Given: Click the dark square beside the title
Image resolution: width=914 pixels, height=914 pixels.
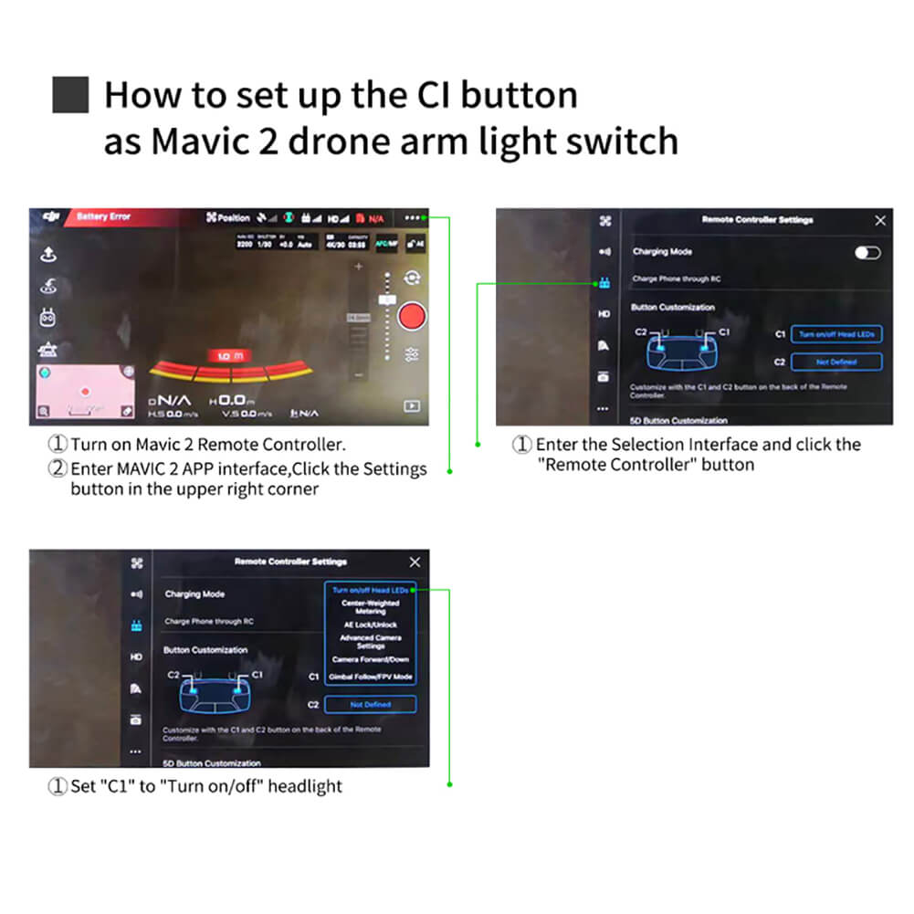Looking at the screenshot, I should click(69, 96).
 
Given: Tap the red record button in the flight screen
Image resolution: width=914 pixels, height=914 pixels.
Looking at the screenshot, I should click(413, 316).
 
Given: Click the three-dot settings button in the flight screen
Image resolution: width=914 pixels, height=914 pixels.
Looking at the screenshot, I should click(414, 218).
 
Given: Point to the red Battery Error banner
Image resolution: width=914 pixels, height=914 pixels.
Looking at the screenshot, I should click(102, 217).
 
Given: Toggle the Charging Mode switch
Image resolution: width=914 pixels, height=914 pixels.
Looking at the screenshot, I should click(867, 253).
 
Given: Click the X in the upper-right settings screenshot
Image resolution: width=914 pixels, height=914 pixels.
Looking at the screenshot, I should click(879, 220).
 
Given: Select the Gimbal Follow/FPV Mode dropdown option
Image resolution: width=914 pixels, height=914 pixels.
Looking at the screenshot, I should click(372, 677).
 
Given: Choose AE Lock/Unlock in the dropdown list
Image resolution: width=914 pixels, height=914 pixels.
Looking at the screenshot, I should click(371, 625).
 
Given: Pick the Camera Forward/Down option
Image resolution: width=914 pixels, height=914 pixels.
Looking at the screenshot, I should click(371, 659).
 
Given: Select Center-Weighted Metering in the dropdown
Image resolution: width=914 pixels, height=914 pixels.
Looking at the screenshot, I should click(371, 607).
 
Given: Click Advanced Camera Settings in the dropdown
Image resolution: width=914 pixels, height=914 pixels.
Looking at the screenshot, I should click(371, 642).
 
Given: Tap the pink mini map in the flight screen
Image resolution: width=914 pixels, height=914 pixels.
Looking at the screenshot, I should click(84, 391).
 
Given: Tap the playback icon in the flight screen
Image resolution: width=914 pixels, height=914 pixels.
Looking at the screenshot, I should click(413, 405).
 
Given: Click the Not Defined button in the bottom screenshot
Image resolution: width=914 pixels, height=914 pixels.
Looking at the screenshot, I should click(370, 704).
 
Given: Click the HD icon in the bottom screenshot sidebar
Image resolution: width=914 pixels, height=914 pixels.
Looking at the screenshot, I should click(136, 657).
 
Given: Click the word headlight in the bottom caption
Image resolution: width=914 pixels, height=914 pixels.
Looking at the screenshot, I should click(305, 786).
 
